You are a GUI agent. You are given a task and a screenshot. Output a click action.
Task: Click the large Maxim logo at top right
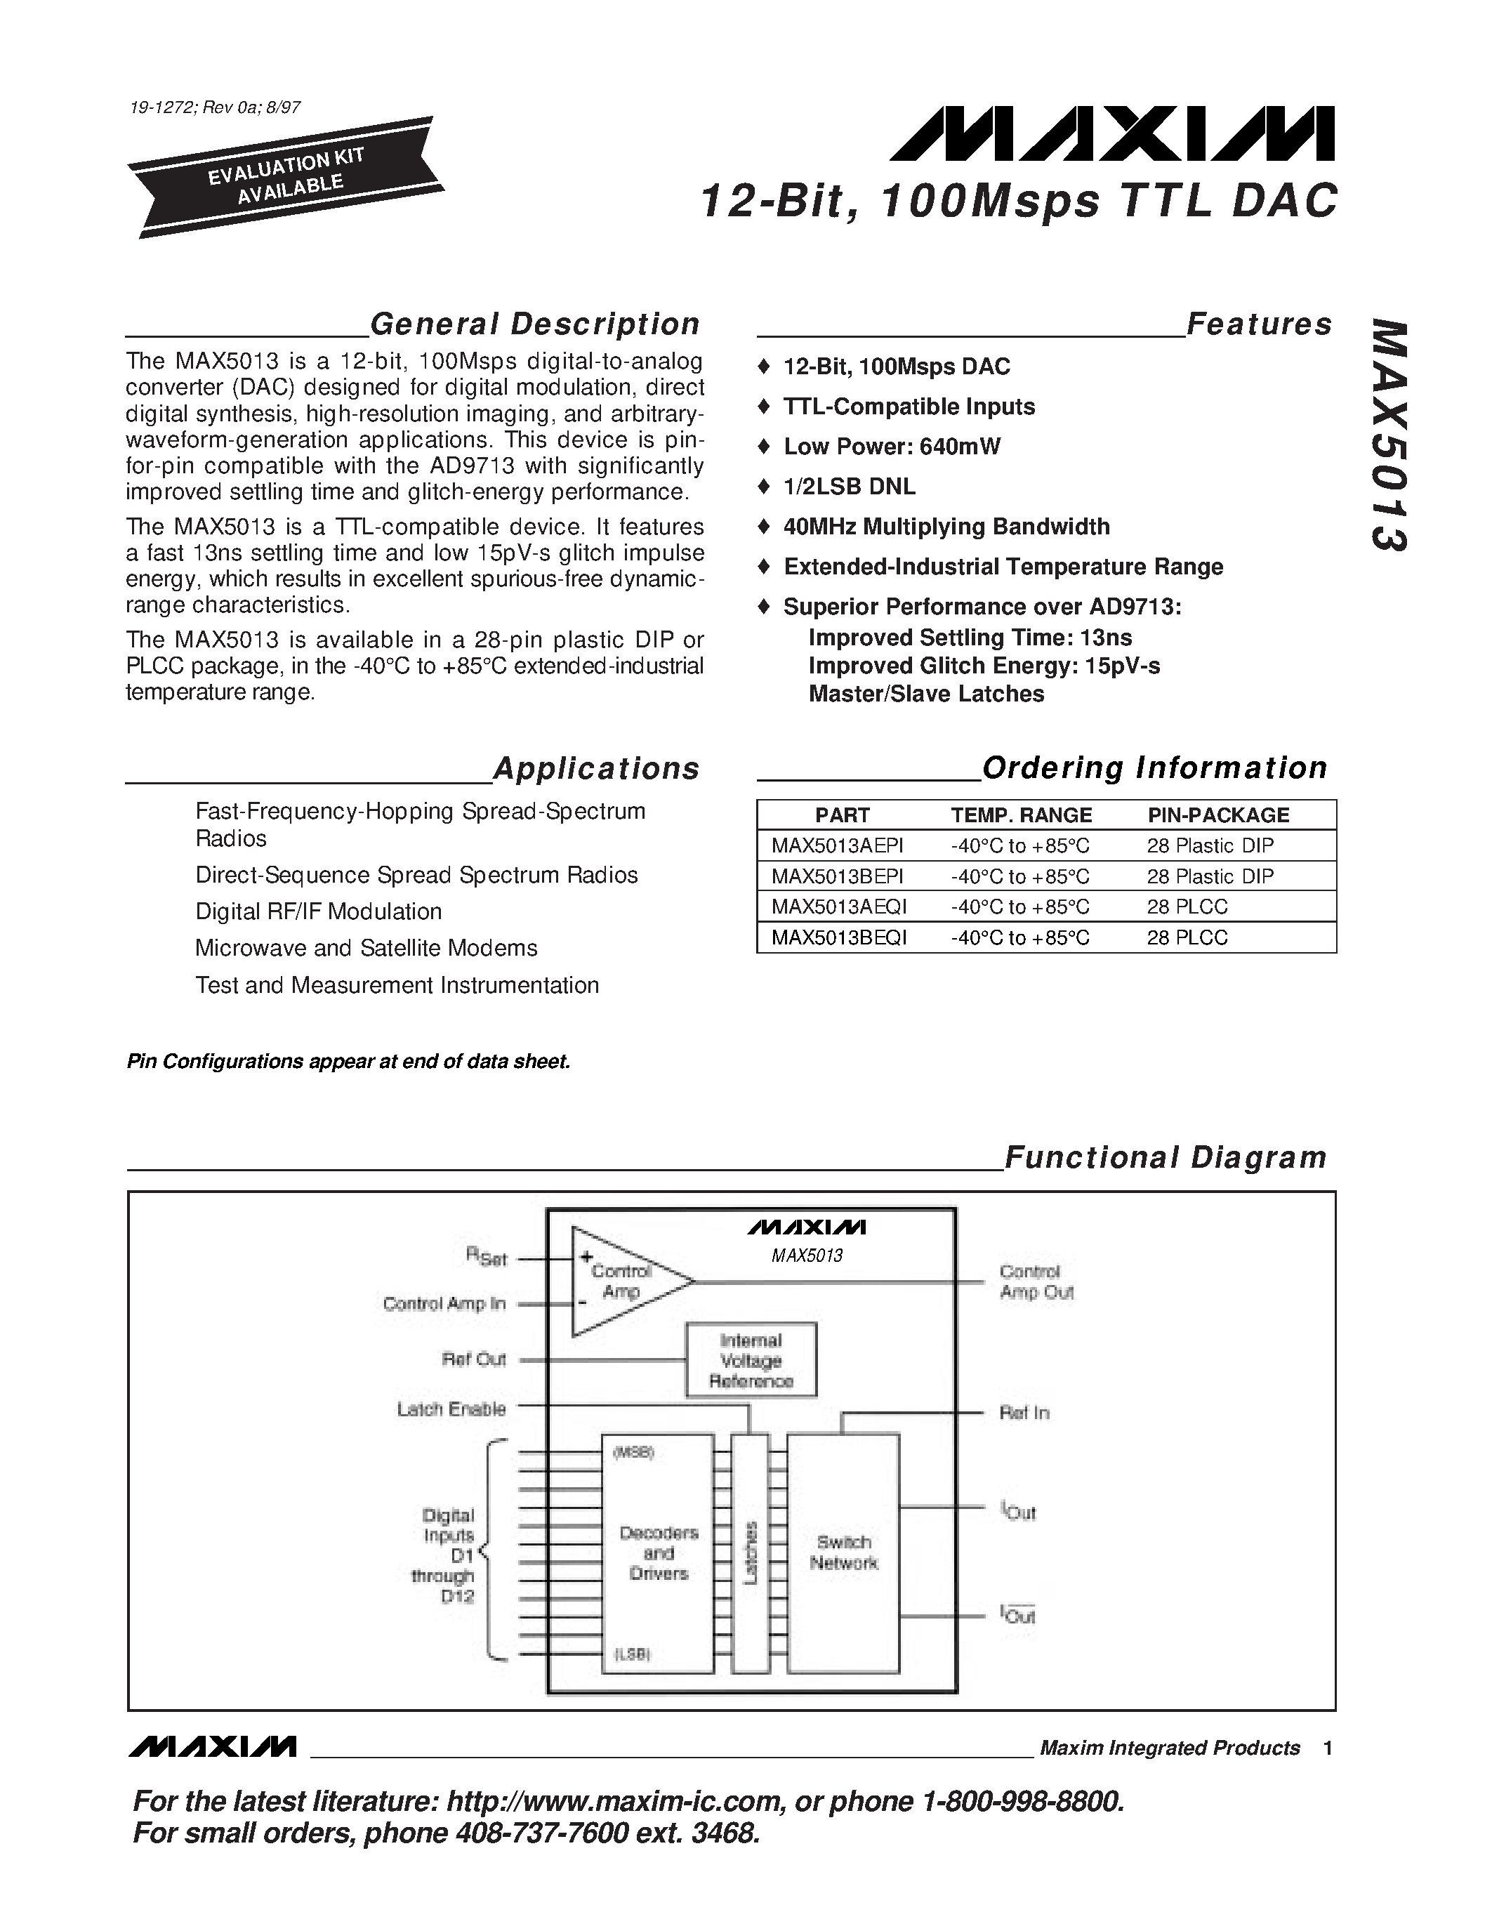pyautogui.click(x=1112, y=134)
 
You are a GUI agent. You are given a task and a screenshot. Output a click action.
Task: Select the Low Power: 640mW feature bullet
pyautogui.click(x=891, y=447)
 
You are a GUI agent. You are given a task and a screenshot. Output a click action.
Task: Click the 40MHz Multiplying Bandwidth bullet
pyautogui.click(x=946, y=527)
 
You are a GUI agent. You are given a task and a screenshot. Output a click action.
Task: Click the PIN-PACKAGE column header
pyautogui.click(x=1218, y=815)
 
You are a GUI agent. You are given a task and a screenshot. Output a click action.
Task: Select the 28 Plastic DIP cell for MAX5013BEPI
pyautogui.click(x=1210, y=876)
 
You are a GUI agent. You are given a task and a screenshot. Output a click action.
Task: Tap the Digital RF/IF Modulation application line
pyautogui.click(x=318, y=911)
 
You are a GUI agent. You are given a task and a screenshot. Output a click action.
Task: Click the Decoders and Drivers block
pyautogui.click(x=659, y=1553)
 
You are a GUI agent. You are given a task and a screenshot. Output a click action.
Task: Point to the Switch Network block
pyautogui.click(x=843, y=1553)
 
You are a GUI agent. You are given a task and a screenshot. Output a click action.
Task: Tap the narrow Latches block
pyautogui.click(x=751, y=1553)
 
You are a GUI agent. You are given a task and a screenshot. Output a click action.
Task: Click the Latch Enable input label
pyautogui.click(x=451, y=1409)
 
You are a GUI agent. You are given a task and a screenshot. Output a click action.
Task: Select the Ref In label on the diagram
pyautogui.click(x=1024, y=1413)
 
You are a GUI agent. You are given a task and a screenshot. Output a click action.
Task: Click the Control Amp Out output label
pyautogui.click(x=1036, y=1282)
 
